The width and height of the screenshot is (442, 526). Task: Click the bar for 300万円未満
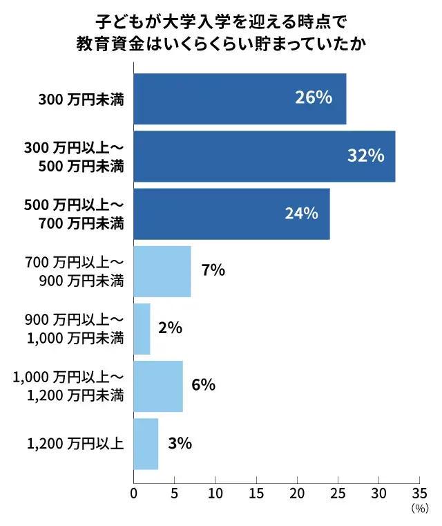[239, 99]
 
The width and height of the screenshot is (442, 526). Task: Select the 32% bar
[264, 156]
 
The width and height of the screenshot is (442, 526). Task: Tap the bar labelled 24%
[231, 214]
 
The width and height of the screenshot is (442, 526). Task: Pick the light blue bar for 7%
[162, 271]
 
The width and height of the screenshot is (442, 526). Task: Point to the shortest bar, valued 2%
[142, 328]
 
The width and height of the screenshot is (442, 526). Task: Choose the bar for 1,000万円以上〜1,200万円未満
[158, 386]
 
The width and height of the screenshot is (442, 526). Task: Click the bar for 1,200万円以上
[146, 443]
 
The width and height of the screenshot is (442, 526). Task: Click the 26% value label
[314, 98]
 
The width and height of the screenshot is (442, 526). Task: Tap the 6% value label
[204, 385]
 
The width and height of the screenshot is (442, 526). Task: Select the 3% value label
[180, 443]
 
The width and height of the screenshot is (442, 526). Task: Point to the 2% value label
[170, 328]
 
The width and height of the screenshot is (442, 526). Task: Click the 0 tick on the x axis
[133, 495]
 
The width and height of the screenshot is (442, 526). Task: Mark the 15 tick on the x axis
[256, 495]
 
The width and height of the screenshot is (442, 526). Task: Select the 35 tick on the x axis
[419, 495]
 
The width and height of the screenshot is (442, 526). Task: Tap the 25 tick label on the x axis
[338, 495]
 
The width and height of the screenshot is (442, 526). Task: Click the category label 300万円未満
[81, 100]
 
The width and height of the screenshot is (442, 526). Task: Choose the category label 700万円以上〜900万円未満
[74, 272]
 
